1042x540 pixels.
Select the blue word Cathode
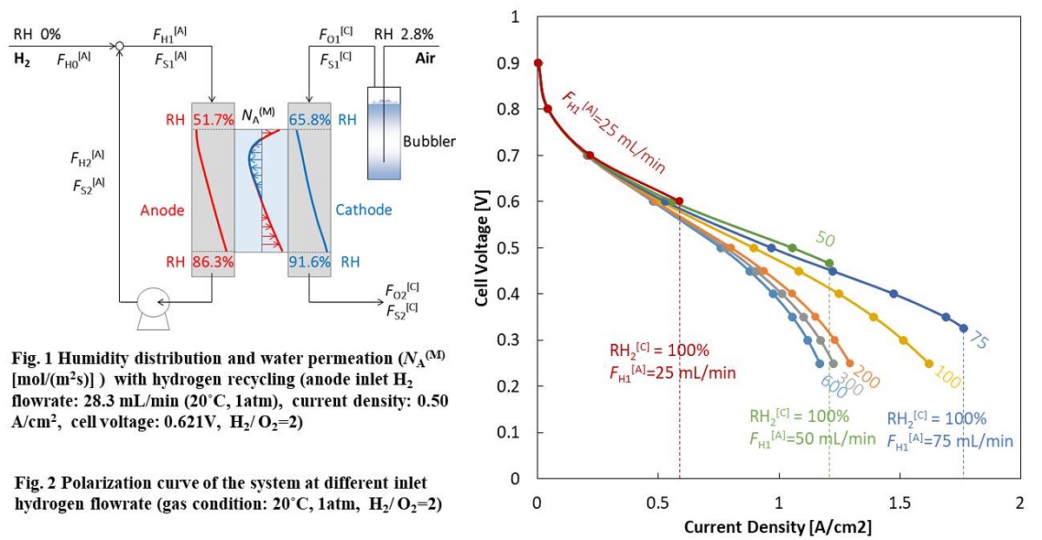(363, 209)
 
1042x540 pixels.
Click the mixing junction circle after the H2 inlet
(120, 45)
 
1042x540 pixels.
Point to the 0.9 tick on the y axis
(518, 63)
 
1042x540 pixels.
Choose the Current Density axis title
(778, 527)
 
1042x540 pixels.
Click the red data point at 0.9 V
(537, 63)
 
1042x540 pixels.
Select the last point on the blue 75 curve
(964, 328)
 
